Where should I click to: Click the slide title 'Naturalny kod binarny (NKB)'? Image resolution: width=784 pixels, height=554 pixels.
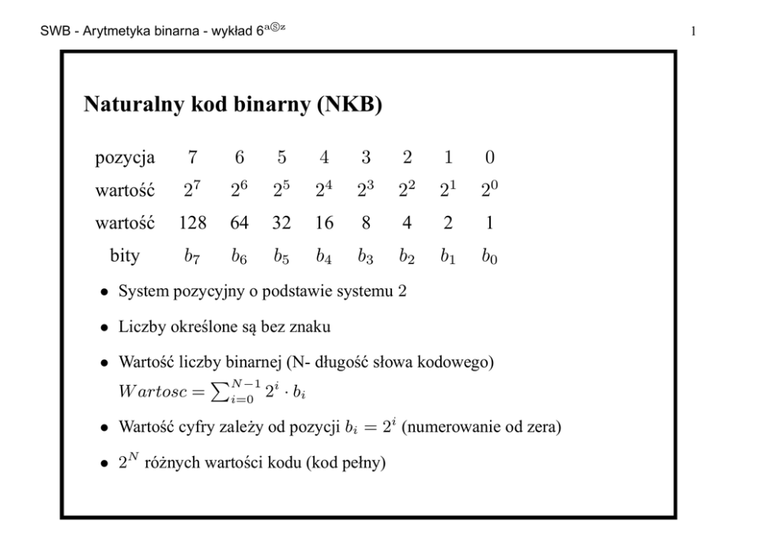click(233, 105)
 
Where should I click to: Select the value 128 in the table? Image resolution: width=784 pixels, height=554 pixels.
click(193, 224)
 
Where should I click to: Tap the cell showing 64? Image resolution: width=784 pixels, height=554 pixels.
click(239, 224)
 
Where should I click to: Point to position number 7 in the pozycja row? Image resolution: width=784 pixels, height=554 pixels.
click(193, 157)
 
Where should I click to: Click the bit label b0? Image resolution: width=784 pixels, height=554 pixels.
click(490, 256)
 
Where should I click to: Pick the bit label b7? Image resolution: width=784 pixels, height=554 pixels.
click(193, 256)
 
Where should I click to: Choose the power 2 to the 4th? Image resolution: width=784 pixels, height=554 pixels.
click(323, 190)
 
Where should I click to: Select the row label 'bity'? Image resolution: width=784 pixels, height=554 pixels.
click(125, 255)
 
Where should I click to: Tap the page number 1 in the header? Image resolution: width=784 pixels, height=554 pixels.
click(692, 32)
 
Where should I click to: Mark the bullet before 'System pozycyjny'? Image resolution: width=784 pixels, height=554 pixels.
click(104, 292)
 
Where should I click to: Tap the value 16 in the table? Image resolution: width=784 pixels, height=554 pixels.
click(323, 224)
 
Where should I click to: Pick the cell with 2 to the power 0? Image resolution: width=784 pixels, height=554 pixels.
click(490, 190)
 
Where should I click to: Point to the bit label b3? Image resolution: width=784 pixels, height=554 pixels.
click(364, 256)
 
